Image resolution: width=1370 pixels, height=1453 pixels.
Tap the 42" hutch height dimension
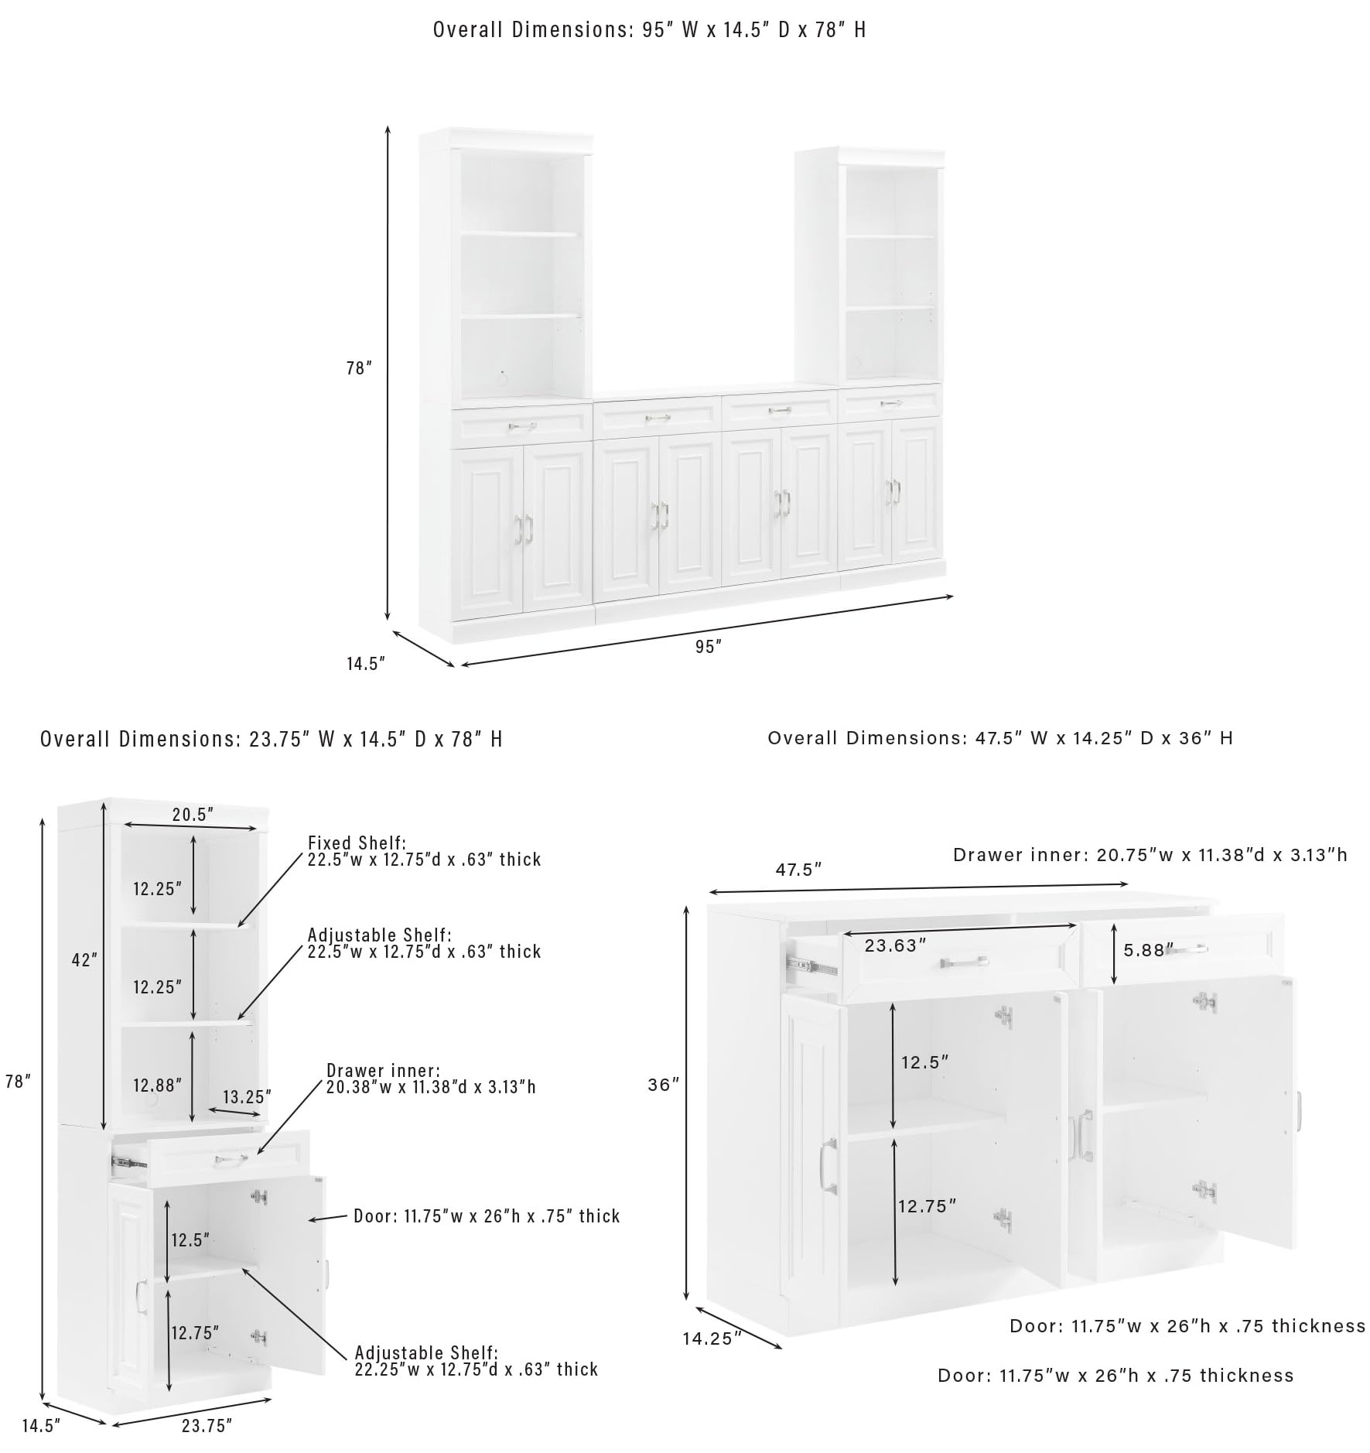pos(85,959)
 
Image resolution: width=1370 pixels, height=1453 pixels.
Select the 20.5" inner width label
pos(193,814)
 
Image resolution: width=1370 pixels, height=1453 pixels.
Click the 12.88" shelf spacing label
pos(157,1085)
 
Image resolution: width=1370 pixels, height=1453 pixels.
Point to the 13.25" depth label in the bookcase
pos(247,1096)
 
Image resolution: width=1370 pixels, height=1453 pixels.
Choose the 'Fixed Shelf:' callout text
pos(357,843)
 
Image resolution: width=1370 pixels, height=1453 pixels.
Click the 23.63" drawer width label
pos(895,945)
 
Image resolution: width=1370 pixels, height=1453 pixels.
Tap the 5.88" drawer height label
pos(1148,950)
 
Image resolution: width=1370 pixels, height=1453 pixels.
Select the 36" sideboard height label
pos(663,1085)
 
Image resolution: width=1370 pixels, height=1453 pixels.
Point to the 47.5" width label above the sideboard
pos(798,870)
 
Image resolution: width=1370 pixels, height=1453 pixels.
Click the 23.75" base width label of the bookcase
pos(207,1425)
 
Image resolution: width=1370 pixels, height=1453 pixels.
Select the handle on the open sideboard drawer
pos(964,962)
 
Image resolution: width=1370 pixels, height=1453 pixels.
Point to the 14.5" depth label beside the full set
pos(365,664)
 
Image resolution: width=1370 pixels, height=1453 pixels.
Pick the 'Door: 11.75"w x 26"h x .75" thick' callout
pos(487,1216)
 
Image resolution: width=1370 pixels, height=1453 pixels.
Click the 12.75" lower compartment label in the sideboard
pos(927,1205)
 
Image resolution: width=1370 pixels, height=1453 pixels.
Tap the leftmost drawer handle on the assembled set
pos(522,426)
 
